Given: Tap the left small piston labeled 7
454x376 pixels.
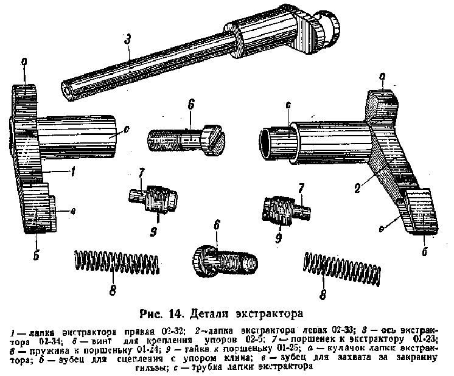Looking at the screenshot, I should pyautogui.click(x=154, y=197).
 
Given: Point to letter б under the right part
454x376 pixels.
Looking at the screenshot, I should pyautogui.click(x=424, y=250).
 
